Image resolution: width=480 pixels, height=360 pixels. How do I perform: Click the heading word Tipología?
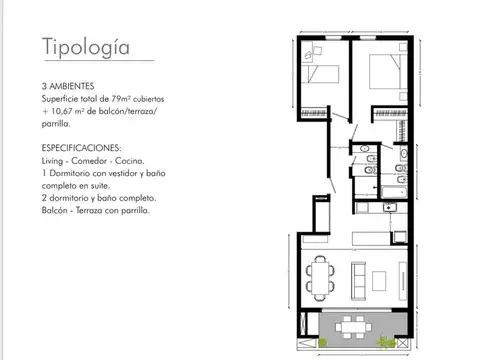point(85,46)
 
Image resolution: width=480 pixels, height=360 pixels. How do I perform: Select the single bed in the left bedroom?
point(322,73)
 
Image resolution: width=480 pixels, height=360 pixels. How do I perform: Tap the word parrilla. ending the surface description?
point(57,125)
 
